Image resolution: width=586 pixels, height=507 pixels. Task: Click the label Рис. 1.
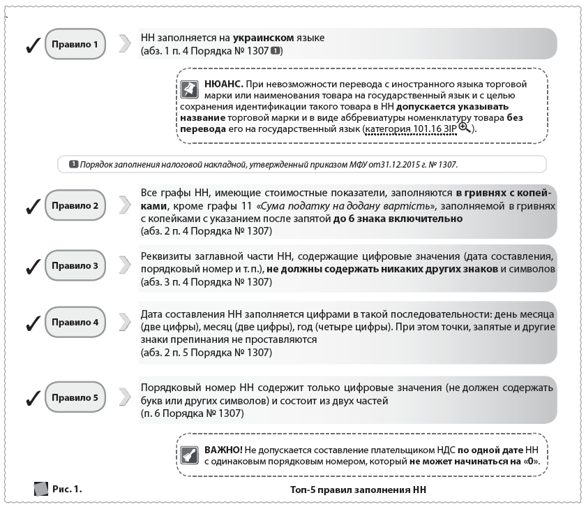click(67, 488)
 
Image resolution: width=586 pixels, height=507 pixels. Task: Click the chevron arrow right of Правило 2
click(125, 207)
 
